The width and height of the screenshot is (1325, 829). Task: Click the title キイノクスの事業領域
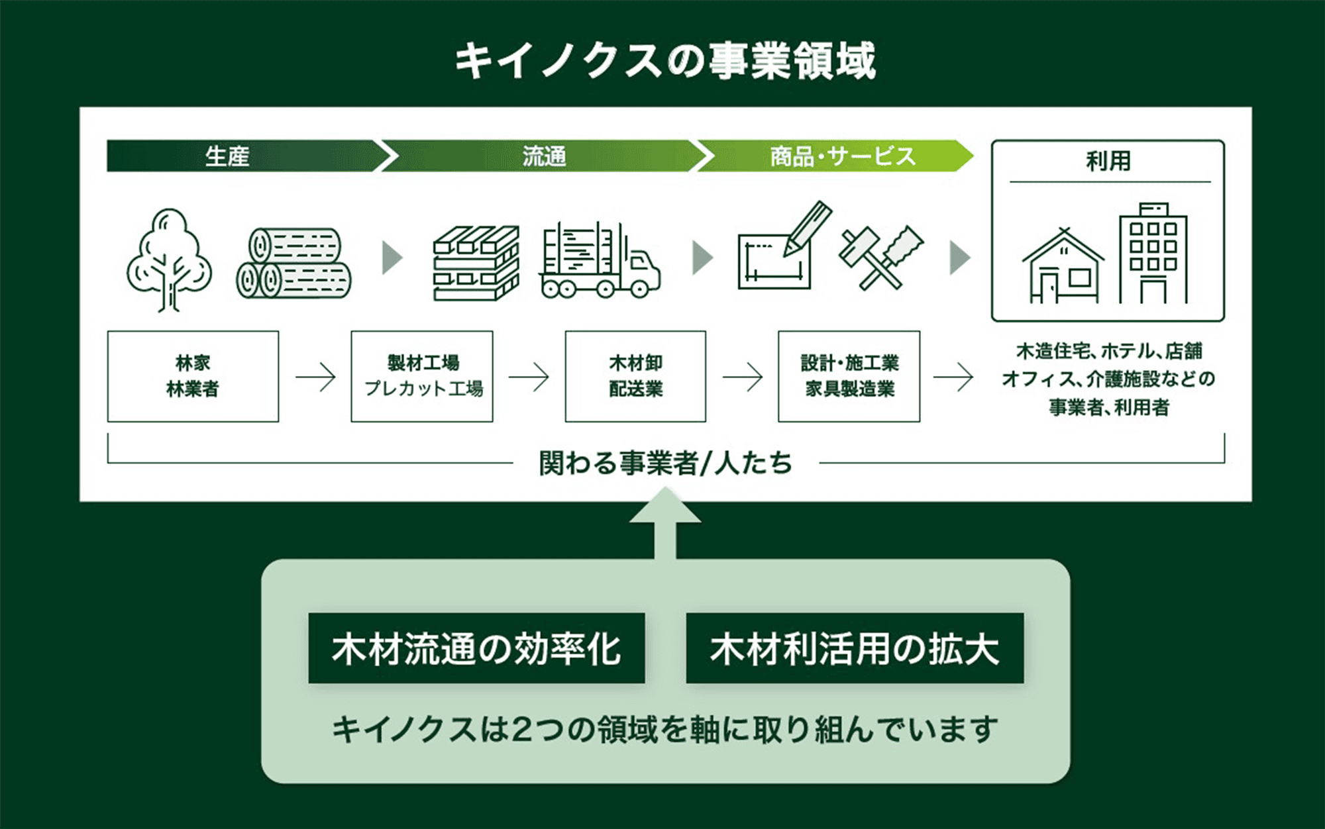(x=664, y=61)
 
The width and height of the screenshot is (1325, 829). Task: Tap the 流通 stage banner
(x=544, y=156)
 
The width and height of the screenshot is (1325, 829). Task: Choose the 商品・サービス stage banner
(x=842, y=156)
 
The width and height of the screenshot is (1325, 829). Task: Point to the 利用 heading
(x=1108, y=161)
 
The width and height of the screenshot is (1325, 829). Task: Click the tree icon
(x=169, y=260)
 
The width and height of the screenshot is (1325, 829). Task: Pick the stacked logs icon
(x=294, y=264)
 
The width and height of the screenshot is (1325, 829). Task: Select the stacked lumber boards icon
(x=476, y=264)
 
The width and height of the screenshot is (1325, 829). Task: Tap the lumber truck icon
(x=600, y=261)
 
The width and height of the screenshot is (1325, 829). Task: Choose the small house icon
(x=1063, y=266)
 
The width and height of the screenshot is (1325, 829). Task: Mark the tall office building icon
(x=1153, y=254)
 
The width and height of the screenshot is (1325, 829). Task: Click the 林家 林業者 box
(x=193, y=376)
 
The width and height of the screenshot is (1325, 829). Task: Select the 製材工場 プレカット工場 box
(x=422, y=376)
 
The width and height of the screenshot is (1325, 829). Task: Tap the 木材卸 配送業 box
(x=635, y=376)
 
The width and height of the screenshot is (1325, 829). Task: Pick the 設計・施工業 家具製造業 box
(x=849, y=376)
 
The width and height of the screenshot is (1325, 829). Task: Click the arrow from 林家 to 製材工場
(x=315, y=377)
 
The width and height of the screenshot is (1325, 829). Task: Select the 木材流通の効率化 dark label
(x=476, y=648)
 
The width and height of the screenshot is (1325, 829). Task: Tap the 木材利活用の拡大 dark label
(x=855, y=648)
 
